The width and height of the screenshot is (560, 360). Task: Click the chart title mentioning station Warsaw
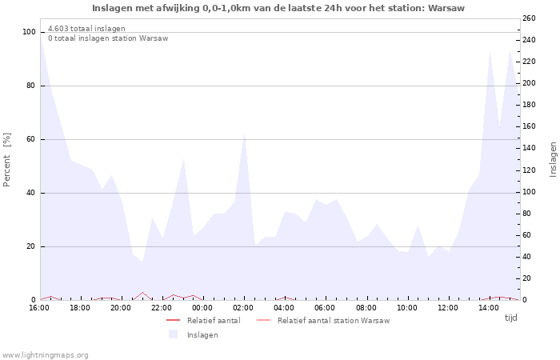(x=278, y=8)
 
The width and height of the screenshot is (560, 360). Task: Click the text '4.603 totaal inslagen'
(x=86, y=29)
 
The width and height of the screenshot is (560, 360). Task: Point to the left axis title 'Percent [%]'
(x=7, y=160)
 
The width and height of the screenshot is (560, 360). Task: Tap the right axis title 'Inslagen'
(x=552, y=159)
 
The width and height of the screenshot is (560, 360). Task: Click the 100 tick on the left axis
(x=30, y=32)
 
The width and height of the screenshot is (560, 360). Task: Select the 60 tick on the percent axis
(x=31, y=139)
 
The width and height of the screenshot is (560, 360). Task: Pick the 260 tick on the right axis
(x=528, y=18)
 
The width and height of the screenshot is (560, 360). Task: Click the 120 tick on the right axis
(x=528, y=170)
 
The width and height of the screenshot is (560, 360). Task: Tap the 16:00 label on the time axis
(x=39, y=308)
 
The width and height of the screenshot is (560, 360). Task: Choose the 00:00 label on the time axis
(x=202, y=308)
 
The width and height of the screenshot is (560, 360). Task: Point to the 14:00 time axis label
(x=490, y=308)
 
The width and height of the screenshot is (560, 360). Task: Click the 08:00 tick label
(x=366, y=308)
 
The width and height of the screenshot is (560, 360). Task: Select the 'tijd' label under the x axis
(x=510, y=318)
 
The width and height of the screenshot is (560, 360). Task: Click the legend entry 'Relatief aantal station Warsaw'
(x=333, y=321)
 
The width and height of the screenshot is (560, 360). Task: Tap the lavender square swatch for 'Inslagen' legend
(x=173, y=334)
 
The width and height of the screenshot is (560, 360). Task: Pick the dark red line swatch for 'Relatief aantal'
(x=173, y=321)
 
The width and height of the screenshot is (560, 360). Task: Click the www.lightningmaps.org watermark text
(x=46, y=354)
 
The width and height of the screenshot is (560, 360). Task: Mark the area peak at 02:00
(x=244, y=134)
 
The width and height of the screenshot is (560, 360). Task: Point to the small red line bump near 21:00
(x=142, y=293)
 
